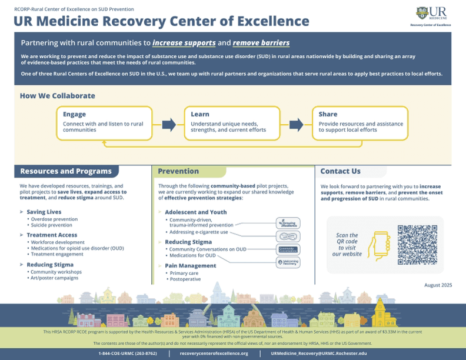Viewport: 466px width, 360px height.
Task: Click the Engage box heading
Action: click(75, 114)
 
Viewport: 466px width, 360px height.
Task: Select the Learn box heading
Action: click(200, 114)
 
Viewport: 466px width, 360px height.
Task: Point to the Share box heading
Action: click(328, 114)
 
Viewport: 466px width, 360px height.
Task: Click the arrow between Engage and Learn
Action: click(169, 124)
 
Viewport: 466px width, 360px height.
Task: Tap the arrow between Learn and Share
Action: click(297, 124)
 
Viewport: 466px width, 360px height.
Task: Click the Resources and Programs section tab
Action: click(66, 171)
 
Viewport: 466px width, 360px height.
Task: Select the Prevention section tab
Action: click(178, 171)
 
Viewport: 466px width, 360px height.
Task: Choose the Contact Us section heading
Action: click(341, 171)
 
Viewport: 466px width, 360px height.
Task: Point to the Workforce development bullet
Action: click(59, 242)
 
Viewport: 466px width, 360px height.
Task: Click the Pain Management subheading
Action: click(191, 266)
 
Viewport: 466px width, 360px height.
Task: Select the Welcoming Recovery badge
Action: click(288, 262)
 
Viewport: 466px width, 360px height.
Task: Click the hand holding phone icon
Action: click(381, 244)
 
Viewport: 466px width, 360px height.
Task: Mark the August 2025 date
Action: click(438, 285)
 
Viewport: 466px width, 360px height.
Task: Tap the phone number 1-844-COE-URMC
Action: click(128, 354)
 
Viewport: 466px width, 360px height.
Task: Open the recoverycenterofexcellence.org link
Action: click(214, 354)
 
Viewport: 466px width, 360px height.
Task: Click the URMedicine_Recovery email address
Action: click(318, 354)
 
